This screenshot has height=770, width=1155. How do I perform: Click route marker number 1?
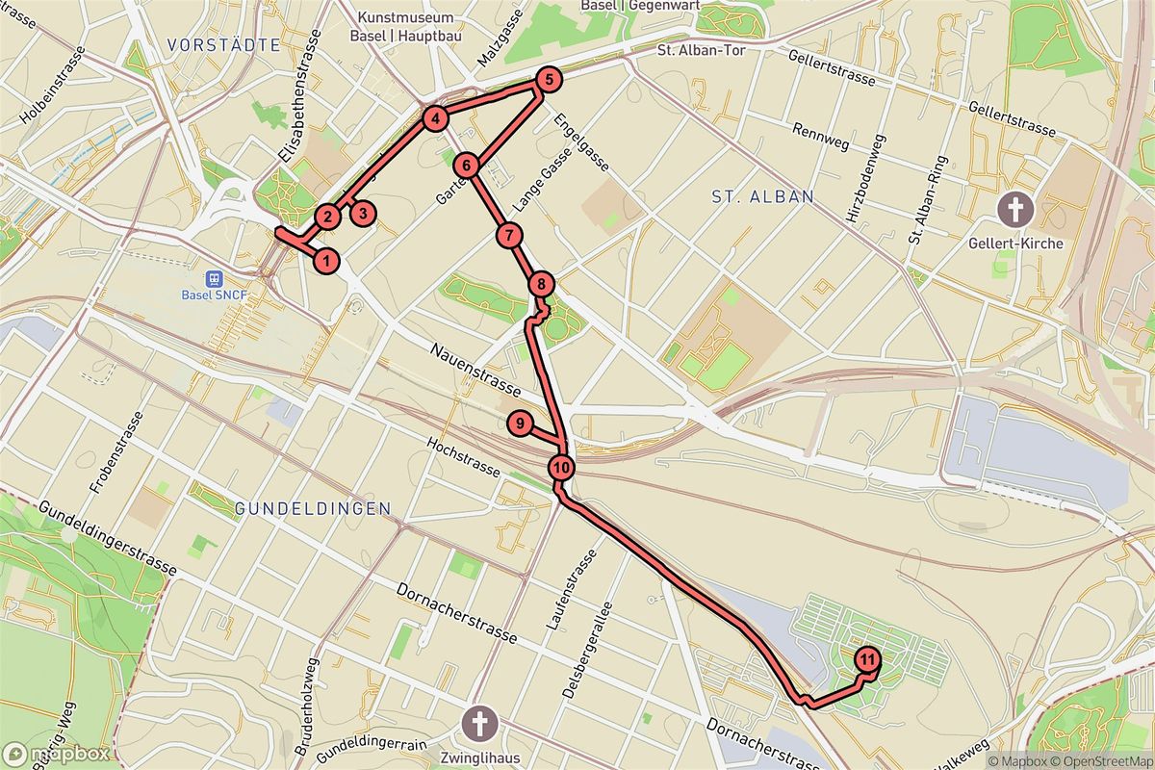tap(327, 260)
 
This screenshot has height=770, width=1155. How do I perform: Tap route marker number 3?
tap(362, 214)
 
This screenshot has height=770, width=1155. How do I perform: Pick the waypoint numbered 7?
tap(509, 235)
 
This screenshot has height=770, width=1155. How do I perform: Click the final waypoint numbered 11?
tap(867, 660)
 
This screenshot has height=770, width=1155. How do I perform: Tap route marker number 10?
tap(562, 469)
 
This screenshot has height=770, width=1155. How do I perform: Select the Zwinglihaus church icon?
tap(478, 722)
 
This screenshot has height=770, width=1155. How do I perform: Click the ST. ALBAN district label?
tap(762, 196)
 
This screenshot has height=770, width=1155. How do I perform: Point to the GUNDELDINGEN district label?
tap(313, 508)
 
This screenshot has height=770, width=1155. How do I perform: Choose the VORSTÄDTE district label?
tap(222, 44)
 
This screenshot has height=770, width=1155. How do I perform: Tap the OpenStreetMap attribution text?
tap(1104, 761)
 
